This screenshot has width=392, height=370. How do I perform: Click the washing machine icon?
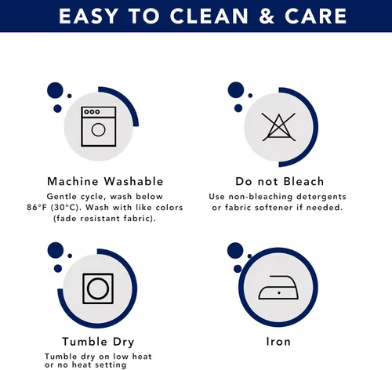pyautogui.click(x=99, y=126)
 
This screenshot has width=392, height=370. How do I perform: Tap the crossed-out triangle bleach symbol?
pyautogui.click(x=279, y=127)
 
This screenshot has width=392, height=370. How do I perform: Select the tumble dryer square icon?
pyautogui.click(x=98, y=288)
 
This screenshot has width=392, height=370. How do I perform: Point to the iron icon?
pyautogui.click(x=278, y=288)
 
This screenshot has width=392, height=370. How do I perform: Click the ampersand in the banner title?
pyautogui.click(x=267, y=16)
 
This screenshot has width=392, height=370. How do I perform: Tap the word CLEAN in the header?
pyautogui.click(x=209, y=16)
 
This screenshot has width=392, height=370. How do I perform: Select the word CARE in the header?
pyautogui.click(x=316, y=16)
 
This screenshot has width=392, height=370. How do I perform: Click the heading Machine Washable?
pyautogui.click(x=105, y=181)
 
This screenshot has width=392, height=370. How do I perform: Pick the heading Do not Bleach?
pyautogui.click(x=280, y=181)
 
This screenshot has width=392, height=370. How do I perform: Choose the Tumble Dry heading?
pyautogui.click(x=98, y=342)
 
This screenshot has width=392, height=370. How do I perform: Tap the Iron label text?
pyautogui.click(x=278, y=342)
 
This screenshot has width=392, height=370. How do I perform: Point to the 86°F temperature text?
pyautogui.click(x=38, y=208)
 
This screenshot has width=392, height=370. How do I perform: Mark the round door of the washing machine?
pyautogui.click(x=98, y=129)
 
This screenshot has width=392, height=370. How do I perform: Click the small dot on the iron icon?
pyautogui.click(x=279, y=293)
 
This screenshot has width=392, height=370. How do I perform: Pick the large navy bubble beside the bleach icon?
pyautogui.click(x=236, y=90)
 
